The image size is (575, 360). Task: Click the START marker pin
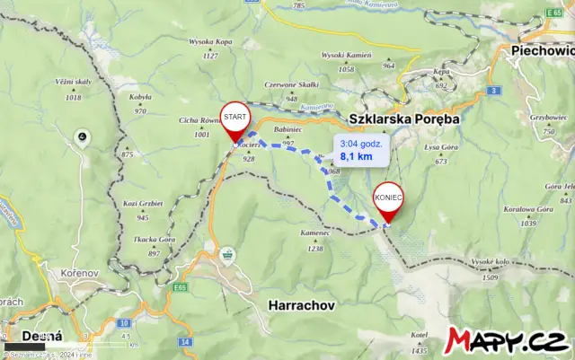click(x=235, y=119)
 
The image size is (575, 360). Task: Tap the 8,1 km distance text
click(x=356, y=156)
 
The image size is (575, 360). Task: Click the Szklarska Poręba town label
click(x=403, y=119)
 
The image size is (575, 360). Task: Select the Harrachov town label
click(x=301, y=305)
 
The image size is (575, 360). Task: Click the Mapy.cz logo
click(x=508, y=341)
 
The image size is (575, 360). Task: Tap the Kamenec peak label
click(x=315, y=233)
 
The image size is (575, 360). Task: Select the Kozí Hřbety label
click(x=143, y=204)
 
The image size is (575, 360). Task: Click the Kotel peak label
click(x=418, y=336)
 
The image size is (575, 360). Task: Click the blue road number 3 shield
click(x=494, y=91)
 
